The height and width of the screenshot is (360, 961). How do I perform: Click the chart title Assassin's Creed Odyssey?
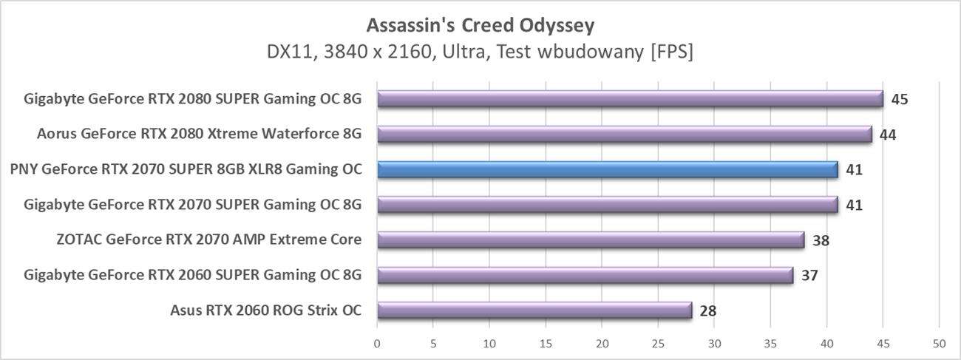coord(480,26)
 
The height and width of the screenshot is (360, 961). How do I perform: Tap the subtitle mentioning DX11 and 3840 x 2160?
coord(480,52)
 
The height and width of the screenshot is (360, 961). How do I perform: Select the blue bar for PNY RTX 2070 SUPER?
coord(607,170)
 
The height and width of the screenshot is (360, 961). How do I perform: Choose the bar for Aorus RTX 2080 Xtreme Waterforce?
coord(624,135)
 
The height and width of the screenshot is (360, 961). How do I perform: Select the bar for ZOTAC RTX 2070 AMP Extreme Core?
coord(590,240)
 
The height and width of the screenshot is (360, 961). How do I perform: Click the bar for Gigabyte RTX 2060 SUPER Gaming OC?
coord(585,276)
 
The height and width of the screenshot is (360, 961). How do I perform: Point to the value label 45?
coord(899,100)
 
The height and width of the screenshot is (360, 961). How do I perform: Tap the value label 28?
coord(707,311)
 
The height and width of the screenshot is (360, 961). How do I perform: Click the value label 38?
coord(820,241)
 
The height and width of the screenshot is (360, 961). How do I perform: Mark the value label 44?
coord(888,135)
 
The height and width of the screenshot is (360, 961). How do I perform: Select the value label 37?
coord(809,276)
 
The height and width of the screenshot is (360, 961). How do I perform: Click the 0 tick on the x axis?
coord(377,344)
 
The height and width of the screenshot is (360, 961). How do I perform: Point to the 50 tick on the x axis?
coord(939,344)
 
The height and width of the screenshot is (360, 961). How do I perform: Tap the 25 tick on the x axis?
coord(658,344)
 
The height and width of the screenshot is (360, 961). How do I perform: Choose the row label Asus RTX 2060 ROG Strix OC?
coord(266,310)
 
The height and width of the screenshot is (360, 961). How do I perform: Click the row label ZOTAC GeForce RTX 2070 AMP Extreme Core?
coord(208,240)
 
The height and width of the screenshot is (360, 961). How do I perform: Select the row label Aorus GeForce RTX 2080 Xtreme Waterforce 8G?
coord(200,135)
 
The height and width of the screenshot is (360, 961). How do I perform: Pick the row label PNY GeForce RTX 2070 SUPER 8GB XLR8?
coord(186,169)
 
